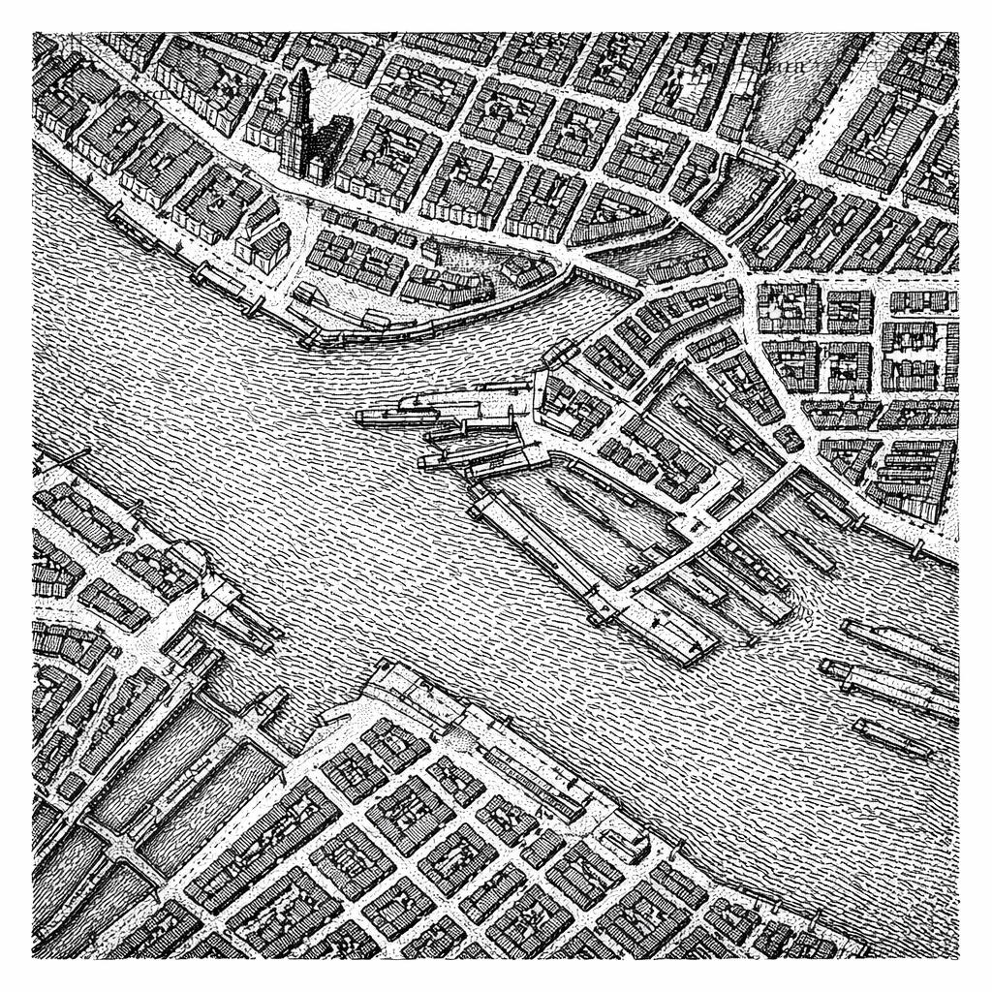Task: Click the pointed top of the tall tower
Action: point(301,72)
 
